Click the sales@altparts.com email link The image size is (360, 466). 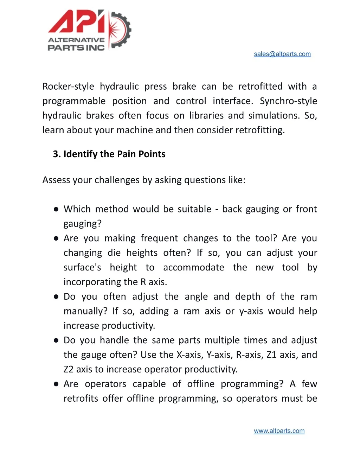(x=282, y=54)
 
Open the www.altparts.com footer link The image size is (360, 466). (x=279, y=431)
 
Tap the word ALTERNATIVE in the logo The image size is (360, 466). (x=76, y=40)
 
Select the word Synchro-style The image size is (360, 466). (x=288, y=101)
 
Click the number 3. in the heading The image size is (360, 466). (x=57, y=154)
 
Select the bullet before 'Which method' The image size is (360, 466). (x=56, y=209)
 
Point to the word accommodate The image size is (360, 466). (x=193, y=268)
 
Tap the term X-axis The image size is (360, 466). (x=190, y=355)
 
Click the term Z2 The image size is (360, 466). (x=69, y=369)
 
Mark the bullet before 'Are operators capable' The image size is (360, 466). (x=56, y=384)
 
